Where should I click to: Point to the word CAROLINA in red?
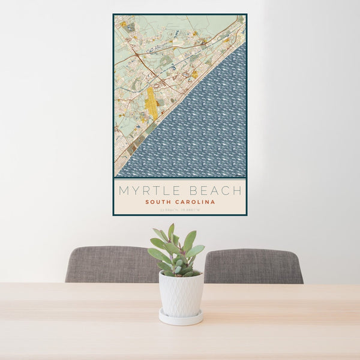coord(193,202)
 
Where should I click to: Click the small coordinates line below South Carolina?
coord(180,209)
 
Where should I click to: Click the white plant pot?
coord(181,294)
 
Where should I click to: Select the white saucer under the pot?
coord(181,318)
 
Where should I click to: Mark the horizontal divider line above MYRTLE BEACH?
coord(180,178)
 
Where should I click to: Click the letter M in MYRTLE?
coord(124,191)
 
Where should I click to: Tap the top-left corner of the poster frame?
coord(113,14)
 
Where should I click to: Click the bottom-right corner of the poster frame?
coord(246,215)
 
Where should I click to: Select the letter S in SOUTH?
coord(147,202)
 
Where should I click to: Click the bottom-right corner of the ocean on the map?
coord(244,176)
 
